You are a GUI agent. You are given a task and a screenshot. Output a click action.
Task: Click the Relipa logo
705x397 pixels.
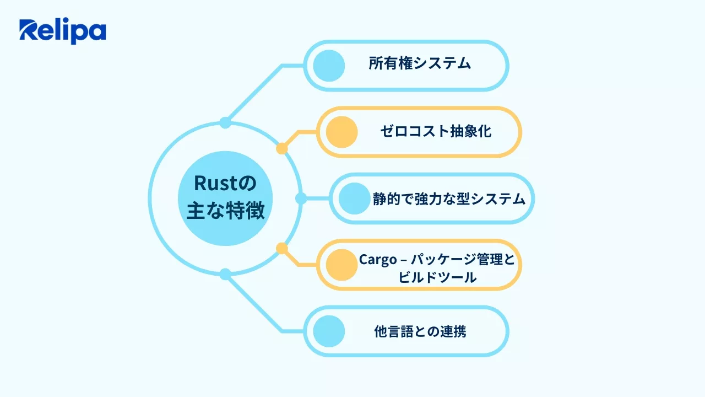62,31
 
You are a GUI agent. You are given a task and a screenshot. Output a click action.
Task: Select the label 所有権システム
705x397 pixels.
420,63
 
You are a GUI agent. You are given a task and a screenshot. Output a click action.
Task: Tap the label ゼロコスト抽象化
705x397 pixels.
435,131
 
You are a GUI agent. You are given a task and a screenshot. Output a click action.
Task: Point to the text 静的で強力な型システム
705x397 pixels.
449,198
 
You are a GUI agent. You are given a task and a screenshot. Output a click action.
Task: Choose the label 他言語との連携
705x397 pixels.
420,332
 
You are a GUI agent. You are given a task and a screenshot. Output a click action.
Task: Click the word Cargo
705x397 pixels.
378,259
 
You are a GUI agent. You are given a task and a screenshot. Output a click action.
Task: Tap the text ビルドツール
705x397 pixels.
437,277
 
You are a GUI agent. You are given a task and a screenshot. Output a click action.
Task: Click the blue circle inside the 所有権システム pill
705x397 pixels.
329,66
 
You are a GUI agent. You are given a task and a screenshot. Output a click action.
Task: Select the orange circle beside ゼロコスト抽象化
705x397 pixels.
341,132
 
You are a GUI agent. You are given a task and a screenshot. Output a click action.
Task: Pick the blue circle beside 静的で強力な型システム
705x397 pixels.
354,198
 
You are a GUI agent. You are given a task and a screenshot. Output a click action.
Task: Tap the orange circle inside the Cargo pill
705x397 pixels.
342,265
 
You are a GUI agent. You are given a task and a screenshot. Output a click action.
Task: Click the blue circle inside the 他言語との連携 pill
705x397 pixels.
329,332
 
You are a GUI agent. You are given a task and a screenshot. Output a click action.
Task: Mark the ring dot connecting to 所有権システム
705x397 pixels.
225,122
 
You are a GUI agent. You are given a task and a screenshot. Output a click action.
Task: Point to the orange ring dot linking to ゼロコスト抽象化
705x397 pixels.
282,148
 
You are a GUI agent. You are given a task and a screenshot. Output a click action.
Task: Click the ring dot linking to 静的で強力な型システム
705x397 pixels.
301,198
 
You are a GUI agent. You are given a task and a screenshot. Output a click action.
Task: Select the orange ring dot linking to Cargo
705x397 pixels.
282,249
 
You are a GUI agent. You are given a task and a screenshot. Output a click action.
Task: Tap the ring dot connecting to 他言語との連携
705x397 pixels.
225,274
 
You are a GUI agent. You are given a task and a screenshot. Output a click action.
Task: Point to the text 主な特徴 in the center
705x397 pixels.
225,212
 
